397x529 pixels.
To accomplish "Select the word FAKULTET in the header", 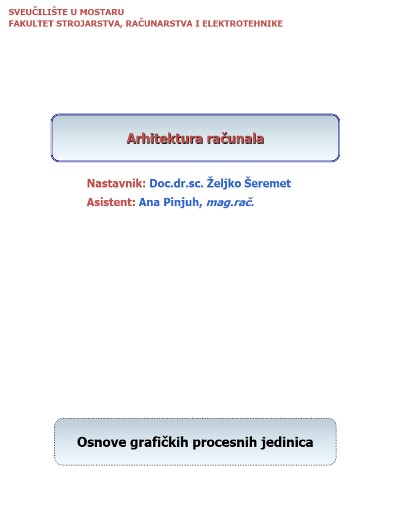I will click(x=30, y=24).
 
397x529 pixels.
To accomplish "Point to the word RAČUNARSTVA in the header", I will click(x=158, y=24).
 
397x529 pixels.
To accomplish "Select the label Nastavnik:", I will click(x=116, y=183).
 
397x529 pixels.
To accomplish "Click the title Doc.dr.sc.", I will click(x=176, y=183).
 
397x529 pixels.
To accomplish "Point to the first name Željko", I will click(x=224, y=183).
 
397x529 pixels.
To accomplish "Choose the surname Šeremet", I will click(x=268, y=183).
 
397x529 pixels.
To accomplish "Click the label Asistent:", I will click(x=111, y=203).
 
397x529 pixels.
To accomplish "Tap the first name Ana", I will click(x=149, y=203).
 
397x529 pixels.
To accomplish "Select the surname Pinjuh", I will click(x=181, y=203).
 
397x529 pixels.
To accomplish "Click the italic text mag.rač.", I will click(x=230, y=203).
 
